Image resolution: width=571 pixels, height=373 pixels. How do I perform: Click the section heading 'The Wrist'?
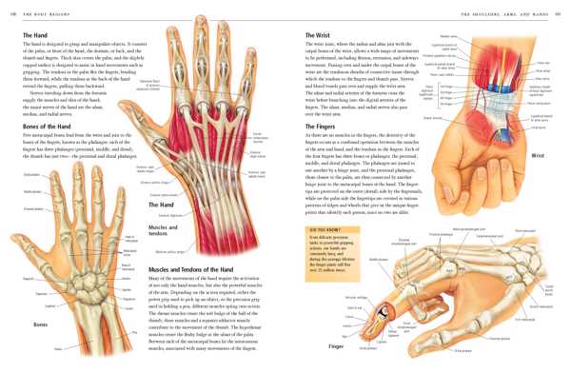318,34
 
